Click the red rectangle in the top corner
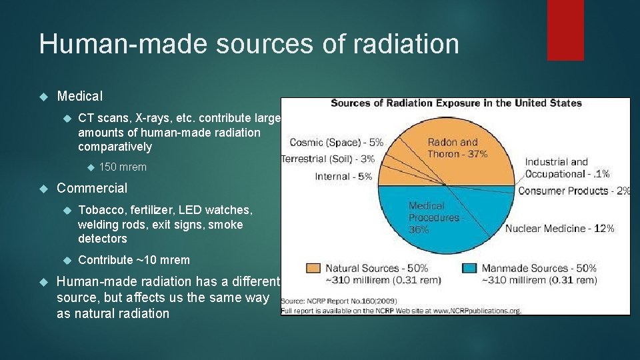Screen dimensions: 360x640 tap(565, 30)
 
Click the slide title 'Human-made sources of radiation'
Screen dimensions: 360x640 tap(249, 44)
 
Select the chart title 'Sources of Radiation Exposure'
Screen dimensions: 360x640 tap(456, 103)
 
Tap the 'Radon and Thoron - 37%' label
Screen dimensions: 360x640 tap(457, 148)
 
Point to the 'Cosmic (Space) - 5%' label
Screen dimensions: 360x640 tap(336, 142)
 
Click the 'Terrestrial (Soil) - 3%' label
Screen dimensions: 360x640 tap(328, 159)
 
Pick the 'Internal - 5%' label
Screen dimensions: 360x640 tap(343, 176)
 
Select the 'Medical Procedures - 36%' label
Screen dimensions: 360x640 tap(435, 217)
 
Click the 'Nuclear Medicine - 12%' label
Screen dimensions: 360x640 tap(559, 228)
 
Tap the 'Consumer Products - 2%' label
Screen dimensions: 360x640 tap(573, 191)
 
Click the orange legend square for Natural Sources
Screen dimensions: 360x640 tap(313, 268)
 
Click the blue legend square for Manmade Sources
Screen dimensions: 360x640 tap(469, 268)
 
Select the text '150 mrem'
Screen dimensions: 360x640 tap(123, 167)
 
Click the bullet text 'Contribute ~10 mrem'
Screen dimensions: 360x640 tap(134, 260)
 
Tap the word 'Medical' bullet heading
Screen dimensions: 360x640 tap(81, 97)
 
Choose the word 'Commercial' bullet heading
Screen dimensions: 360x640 tap(92, 188)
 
